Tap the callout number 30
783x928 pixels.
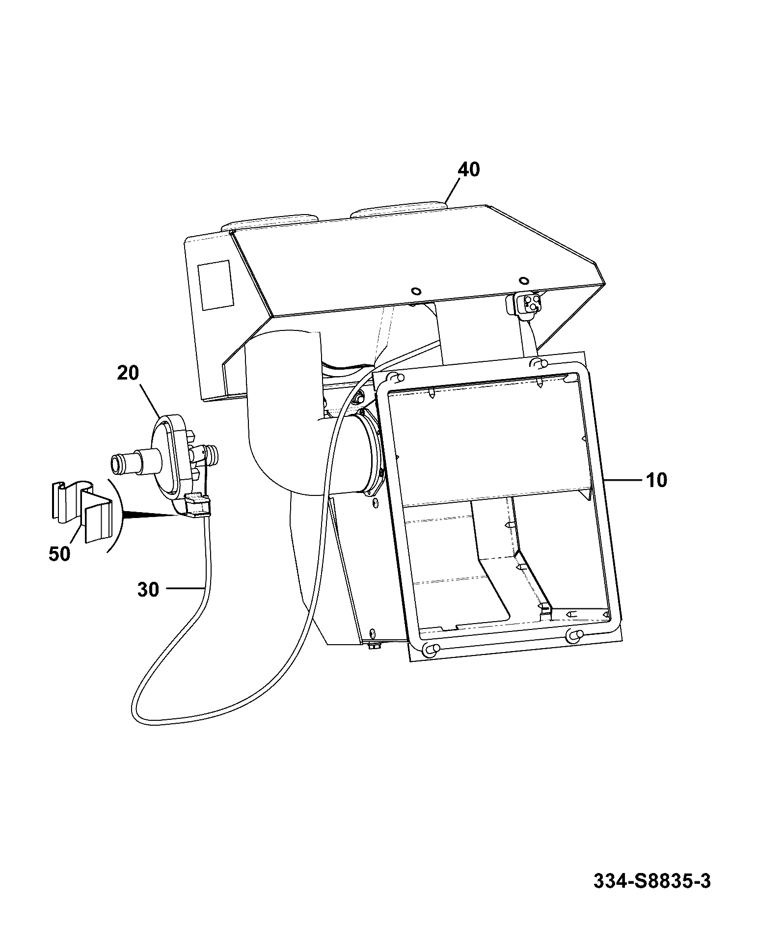pyautogui.click(x=148, y=590)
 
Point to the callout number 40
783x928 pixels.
pyautogui.click(x=468, y=170)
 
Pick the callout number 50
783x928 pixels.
pyautogui.click(x=59, y=554)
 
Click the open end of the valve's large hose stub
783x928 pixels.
pyautogui.click(x=116, y=463)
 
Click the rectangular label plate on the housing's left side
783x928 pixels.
pyautogui.click(x=214, y=285)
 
